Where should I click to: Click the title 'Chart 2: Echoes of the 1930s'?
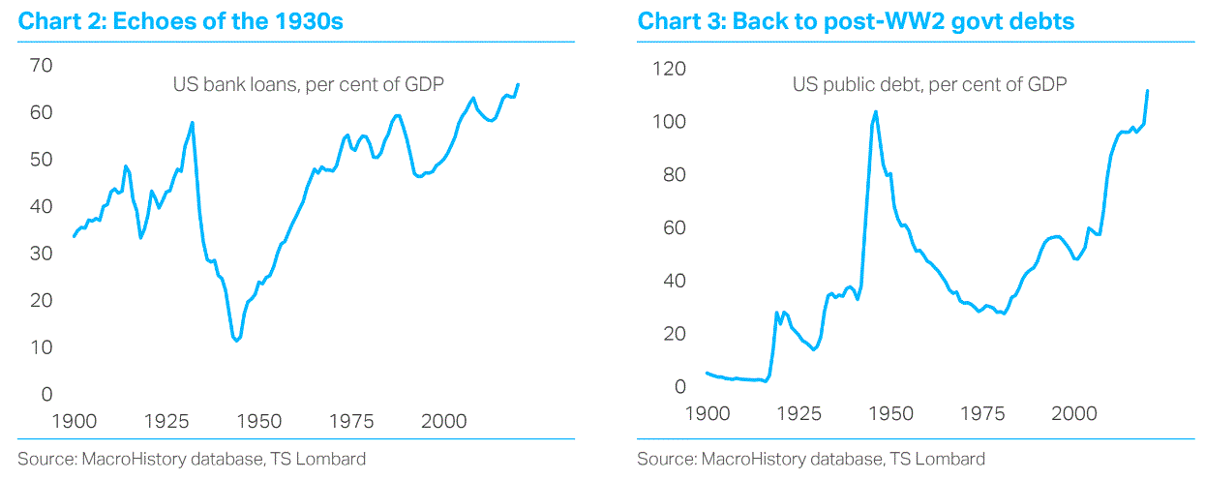pyautogui.click(x=179, y=20)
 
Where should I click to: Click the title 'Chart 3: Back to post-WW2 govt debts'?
pyautogui.click(x=856, y=20)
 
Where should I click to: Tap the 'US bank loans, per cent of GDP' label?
pyautogui.click(x=308, y=84)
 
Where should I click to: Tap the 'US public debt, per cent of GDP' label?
pyautogui.click(x=929, y=84)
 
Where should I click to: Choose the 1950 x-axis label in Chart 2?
pyautogui.click(x=259, y=422)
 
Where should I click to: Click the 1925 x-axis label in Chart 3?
pyautogui.click(x=798, y=414)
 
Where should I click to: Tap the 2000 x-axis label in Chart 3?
pyautogui.click(x=1073, y=414)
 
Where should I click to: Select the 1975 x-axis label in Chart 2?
pyautogui.click(x=351, y=422)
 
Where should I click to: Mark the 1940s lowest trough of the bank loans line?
pyautogui.click(x=235, y=341)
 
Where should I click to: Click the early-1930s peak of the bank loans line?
pyautogui.click(x=193, y=123)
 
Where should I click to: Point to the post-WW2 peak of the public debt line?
pyautogui.click(x=876, y=111)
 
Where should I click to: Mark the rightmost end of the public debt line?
pyautogui.click(x=1148, y=91)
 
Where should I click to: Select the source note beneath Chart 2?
pyautogui.click(x=192, y=459)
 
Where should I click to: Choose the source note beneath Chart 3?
pyautogui.click(x=811, y=459)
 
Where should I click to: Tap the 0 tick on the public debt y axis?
pyautogui.click(x=678, y=387)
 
